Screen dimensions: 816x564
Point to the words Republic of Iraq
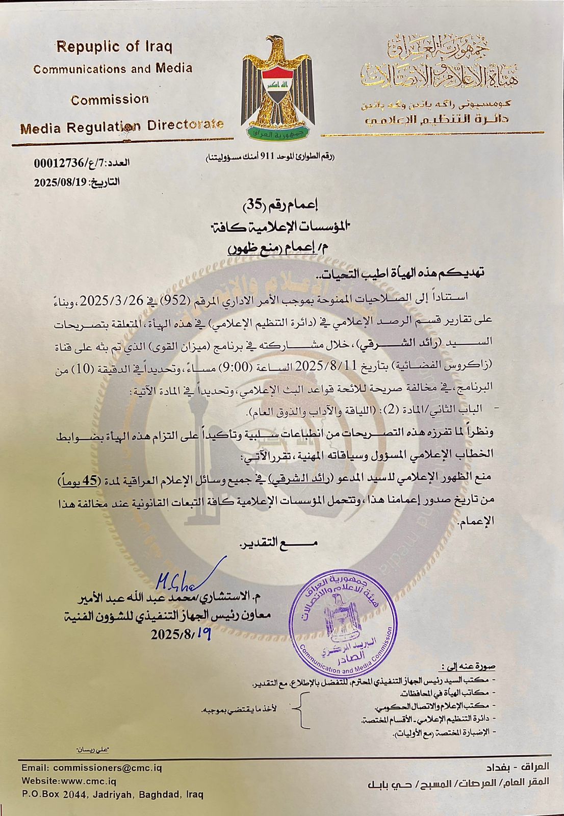[114, 47]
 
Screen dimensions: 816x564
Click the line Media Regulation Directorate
[122, 125]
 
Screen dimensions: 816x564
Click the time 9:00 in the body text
[245, 365]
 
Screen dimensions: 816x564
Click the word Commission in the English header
[110, 99]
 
